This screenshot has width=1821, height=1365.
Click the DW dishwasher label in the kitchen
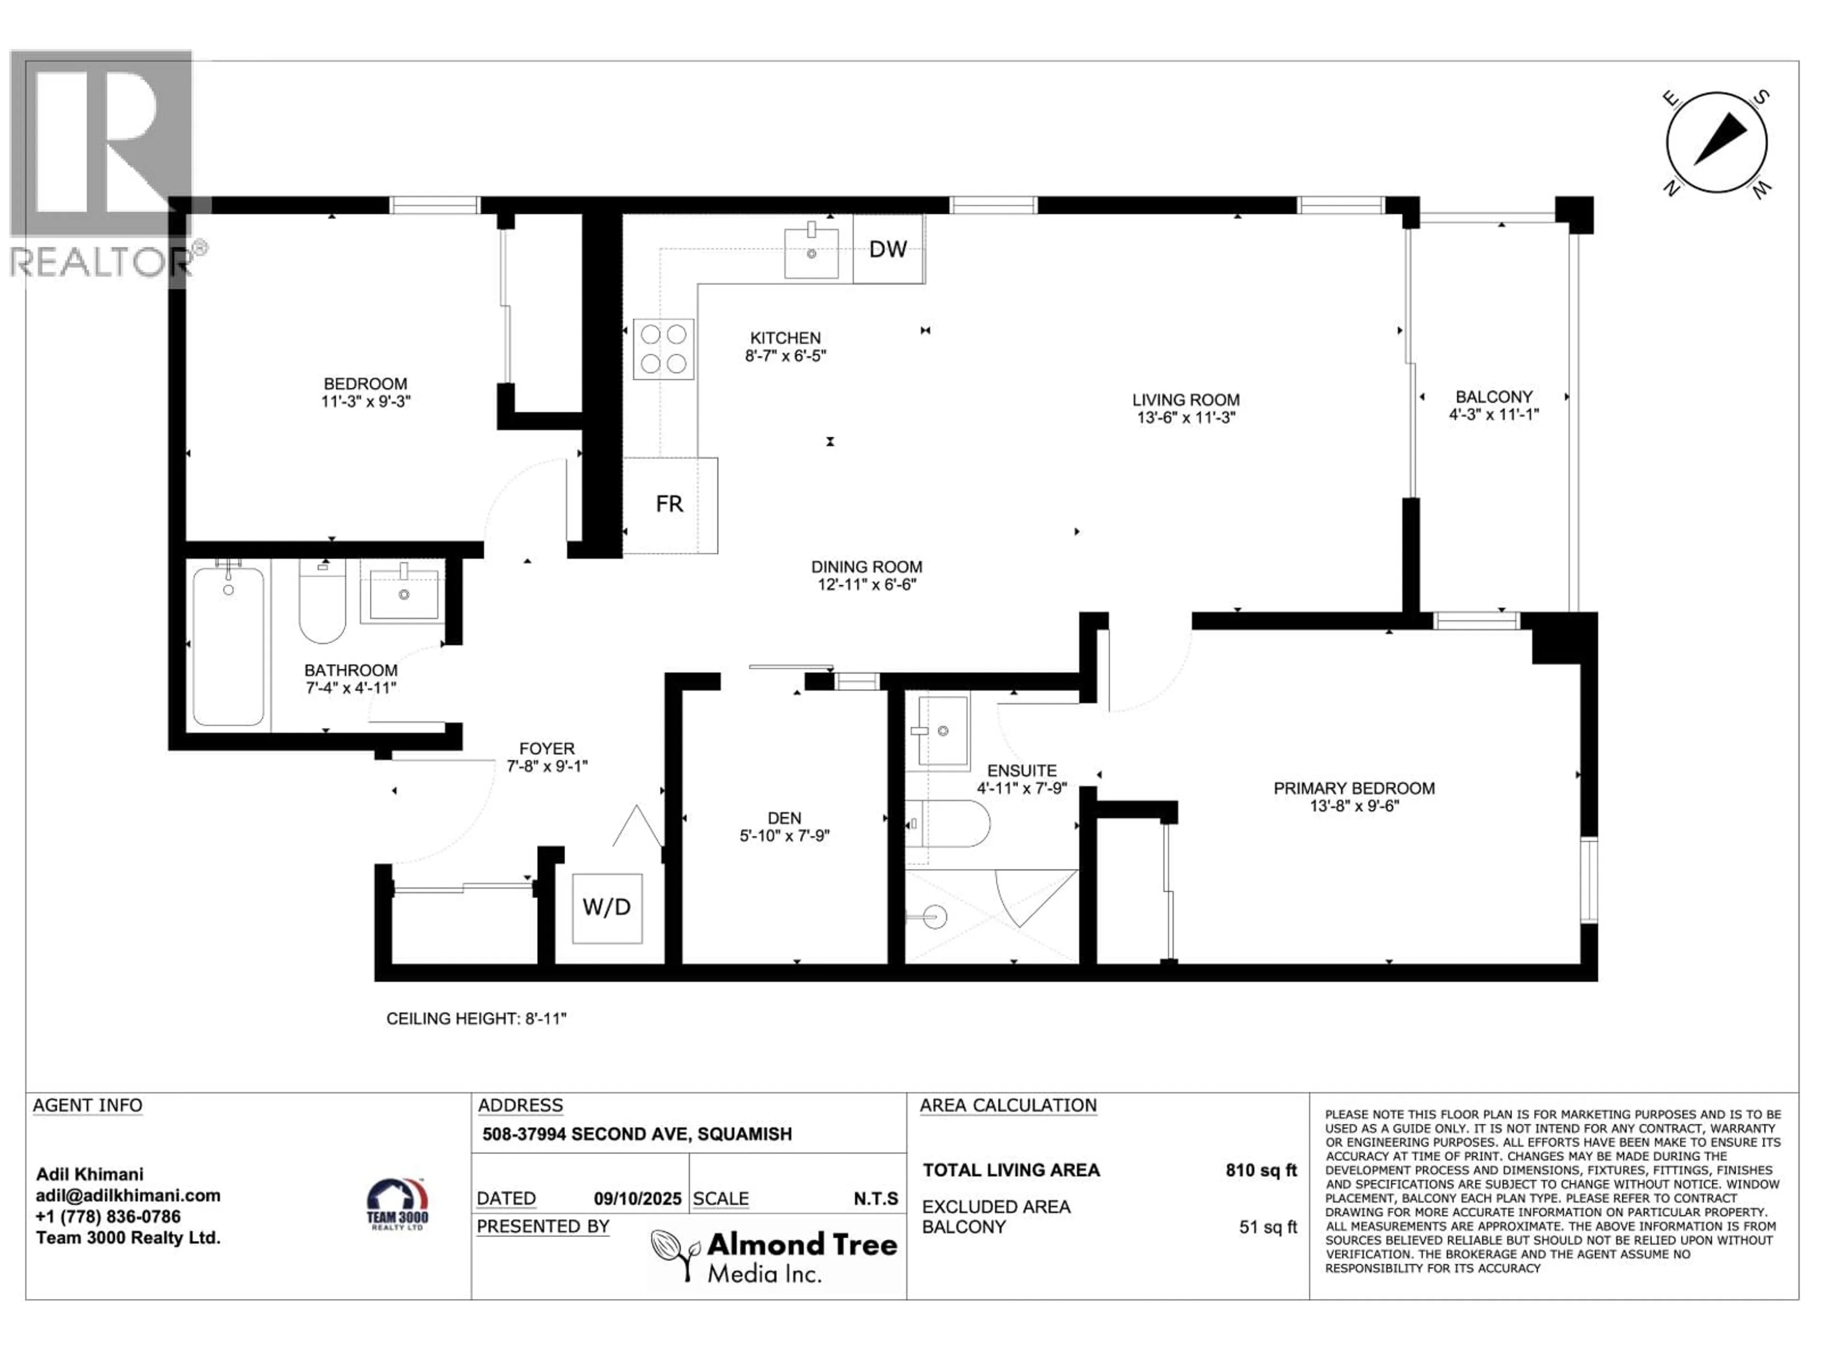[887, 249]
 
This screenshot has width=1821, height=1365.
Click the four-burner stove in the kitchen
[663, 349]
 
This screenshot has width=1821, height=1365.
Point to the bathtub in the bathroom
[228, 646]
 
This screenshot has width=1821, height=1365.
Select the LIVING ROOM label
[1186, 400]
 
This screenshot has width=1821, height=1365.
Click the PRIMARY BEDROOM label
[1354, 788]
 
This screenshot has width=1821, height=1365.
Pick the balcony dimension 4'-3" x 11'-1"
[1493, 415]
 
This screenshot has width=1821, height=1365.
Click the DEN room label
[784, 818]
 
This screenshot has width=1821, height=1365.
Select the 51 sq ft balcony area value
[1268, 1227]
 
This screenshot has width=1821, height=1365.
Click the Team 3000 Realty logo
[397, 1204]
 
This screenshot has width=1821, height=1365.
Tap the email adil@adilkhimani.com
[128, 1195]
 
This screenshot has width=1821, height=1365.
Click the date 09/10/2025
[637, 1199]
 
